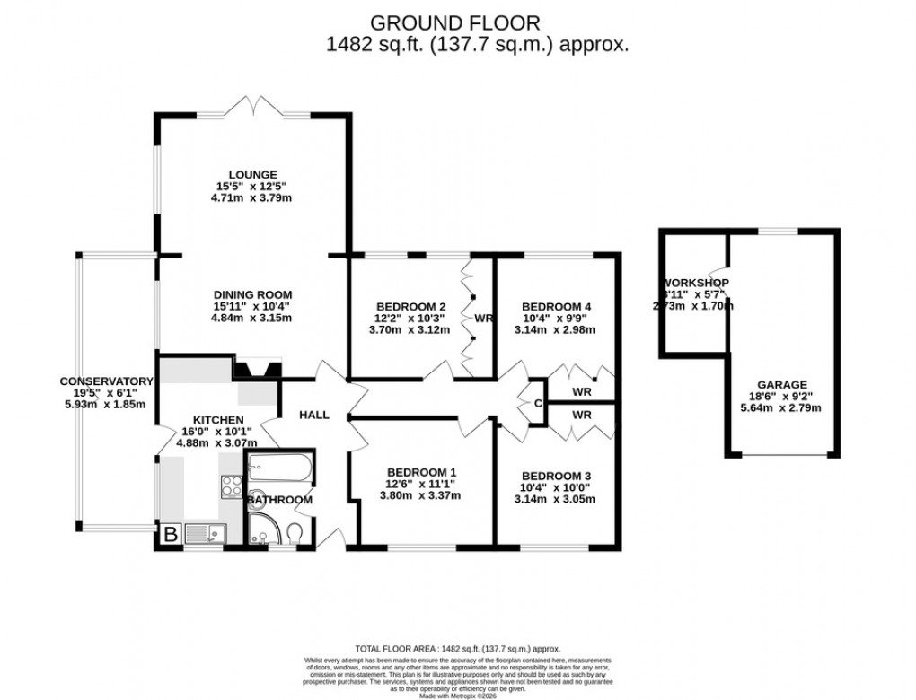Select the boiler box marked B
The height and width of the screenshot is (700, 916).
point(169,533)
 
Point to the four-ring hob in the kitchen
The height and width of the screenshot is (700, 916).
point(230,486)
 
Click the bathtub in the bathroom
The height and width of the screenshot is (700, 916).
point(279,467)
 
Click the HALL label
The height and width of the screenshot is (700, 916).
point(314,415)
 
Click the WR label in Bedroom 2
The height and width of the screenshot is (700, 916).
point(484,318)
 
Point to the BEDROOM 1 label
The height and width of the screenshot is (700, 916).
point(421,474)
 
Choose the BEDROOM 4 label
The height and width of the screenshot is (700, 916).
point(557,305)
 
